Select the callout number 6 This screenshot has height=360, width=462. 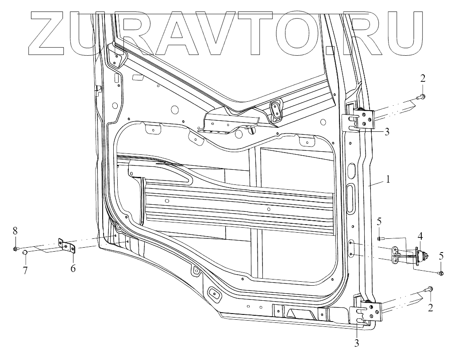pyautogui.click(x=73, y=268)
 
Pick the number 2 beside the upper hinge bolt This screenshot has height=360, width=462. pyautogui.click(x=423, y=79)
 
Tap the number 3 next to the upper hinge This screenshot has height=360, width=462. pyautogui.click(x=386, y=131)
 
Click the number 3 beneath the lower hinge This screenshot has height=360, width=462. pyautogui.click(x=357, y=342)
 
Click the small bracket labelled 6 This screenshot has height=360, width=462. pyautogui.click(x=68, y=246)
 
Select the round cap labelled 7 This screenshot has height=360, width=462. pyautogui.click(x=25, y=253)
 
